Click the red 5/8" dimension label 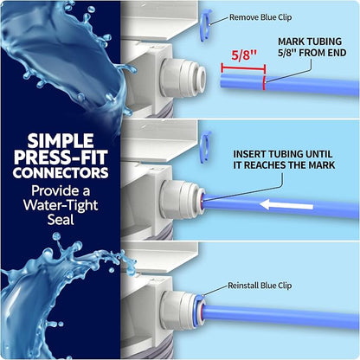tap(244, 55)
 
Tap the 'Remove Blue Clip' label tap(260, 17)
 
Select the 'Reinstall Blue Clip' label tap(260, 286)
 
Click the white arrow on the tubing tap(286, 205)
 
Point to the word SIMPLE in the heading tap(61, 140)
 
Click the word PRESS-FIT tap(61, 157)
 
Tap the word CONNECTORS tap(61, 172)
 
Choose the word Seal tap(61, 220)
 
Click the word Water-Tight tap(61, 205)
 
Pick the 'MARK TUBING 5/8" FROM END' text tap(312, 47)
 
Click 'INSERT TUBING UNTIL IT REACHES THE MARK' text tap(284, 159)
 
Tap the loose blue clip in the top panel tap(205, 21)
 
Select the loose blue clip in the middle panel tap(206, 142)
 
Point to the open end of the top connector tap(202, 77)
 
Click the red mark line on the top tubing tap(264, 83)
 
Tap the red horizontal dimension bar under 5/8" tap(243, 68)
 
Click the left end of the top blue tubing tap(222, 81)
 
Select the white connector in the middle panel tap(183, 199)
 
